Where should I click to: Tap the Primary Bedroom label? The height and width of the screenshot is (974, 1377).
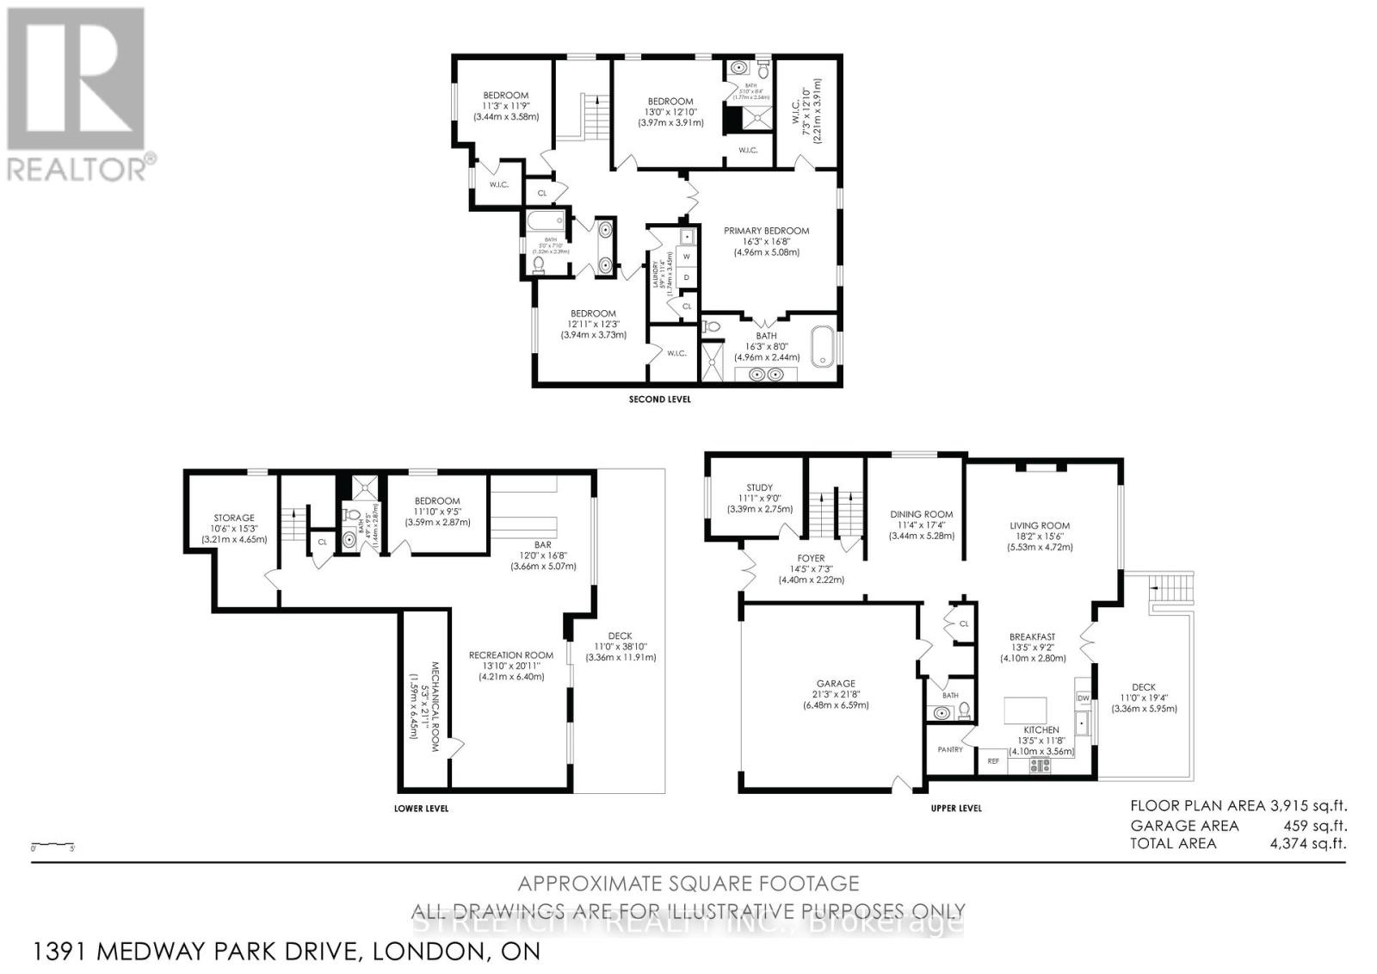pos(766,231)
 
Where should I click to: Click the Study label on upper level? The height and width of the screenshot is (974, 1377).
pos(759,487)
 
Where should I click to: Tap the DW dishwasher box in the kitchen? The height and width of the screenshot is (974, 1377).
pos(1084,698)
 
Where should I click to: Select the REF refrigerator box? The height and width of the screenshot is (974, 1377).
pos(993,761)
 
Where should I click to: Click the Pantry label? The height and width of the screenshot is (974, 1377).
pos(950,749)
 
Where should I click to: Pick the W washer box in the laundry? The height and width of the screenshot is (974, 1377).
pos(687,257)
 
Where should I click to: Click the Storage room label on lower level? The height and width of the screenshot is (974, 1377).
pos(234,518)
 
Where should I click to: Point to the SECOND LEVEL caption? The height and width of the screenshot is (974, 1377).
pos(659,400)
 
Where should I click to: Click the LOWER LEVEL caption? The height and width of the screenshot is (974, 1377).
pos(421,809)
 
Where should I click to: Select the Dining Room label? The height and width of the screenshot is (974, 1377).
pos(921,514)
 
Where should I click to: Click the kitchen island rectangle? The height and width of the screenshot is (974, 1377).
pos(1026,710)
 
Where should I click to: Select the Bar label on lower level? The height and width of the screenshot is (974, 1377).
pos(542,544)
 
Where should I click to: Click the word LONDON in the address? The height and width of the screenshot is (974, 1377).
pos(423,952)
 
